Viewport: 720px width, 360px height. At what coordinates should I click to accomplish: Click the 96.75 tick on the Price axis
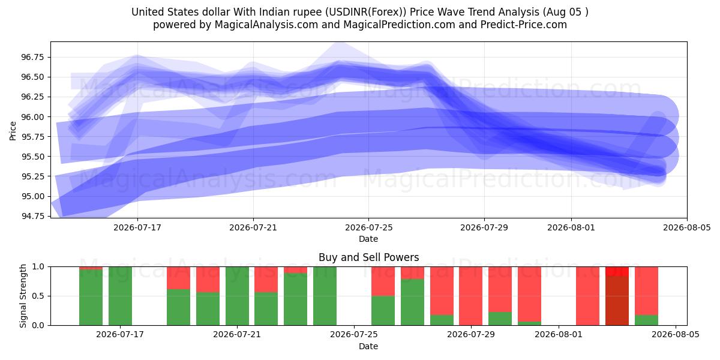[32, 57]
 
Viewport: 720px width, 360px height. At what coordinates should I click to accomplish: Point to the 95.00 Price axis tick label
[32, 196]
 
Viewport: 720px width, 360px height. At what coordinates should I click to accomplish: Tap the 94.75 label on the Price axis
[32, 216]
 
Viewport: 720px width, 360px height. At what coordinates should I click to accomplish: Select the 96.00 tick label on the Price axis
[32, 117]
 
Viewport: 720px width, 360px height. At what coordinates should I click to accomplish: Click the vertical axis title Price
[13, 131]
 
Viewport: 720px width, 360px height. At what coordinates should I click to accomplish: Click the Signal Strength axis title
[23, 296]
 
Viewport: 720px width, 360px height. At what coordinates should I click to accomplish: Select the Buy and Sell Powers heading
[368, 257]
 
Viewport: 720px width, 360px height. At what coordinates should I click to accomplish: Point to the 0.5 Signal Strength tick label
[38, 296]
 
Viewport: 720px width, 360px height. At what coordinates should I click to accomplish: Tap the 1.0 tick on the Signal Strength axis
[38, 267]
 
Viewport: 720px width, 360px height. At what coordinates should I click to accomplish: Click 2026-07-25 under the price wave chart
[368, 227]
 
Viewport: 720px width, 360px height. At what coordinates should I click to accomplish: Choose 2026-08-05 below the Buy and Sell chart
[676, 335]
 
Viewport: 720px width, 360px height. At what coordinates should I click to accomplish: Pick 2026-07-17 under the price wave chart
[137, 227]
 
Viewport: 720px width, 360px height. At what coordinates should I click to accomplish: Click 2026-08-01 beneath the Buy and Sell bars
[559, 335]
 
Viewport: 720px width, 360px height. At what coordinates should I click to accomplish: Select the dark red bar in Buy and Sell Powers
[617, 301]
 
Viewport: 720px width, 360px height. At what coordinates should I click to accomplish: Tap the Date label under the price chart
[368, 239]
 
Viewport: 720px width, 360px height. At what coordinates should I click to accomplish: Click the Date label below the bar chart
[368, 347]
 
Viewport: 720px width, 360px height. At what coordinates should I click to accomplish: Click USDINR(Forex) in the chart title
[365, 12]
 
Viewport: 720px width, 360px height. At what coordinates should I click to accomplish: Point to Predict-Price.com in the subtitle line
[524, 25]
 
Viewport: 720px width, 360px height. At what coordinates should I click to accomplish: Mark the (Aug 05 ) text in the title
[565, 12]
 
